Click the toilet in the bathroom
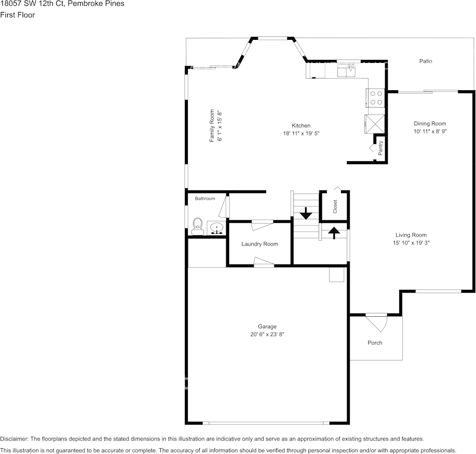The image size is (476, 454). [197, 226]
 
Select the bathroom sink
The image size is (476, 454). [217, 228]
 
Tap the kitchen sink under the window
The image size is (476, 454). [346, 72]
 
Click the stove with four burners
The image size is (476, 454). [376, 98]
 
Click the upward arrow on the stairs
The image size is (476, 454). [334, 232]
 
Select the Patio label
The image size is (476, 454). [426, 61]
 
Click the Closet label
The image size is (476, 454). [335, 206]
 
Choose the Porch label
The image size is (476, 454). [375, 343]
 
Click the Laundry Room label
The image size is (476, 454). [259, 244]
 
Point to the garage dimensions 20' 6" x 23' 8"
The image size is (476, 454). [268, 335]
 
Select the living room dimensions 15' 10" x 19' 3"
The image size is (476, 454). [411, 243]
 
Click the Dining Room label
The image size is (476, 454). [430, 124]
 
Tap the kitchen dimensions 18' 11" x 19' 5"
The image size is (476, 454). [301, 133]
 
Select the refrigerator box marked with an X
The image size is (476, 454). [375, 124]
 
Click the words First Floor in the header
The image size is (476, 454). [17, 15]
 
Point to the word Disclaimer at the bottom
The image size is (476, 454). [14, 439]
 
